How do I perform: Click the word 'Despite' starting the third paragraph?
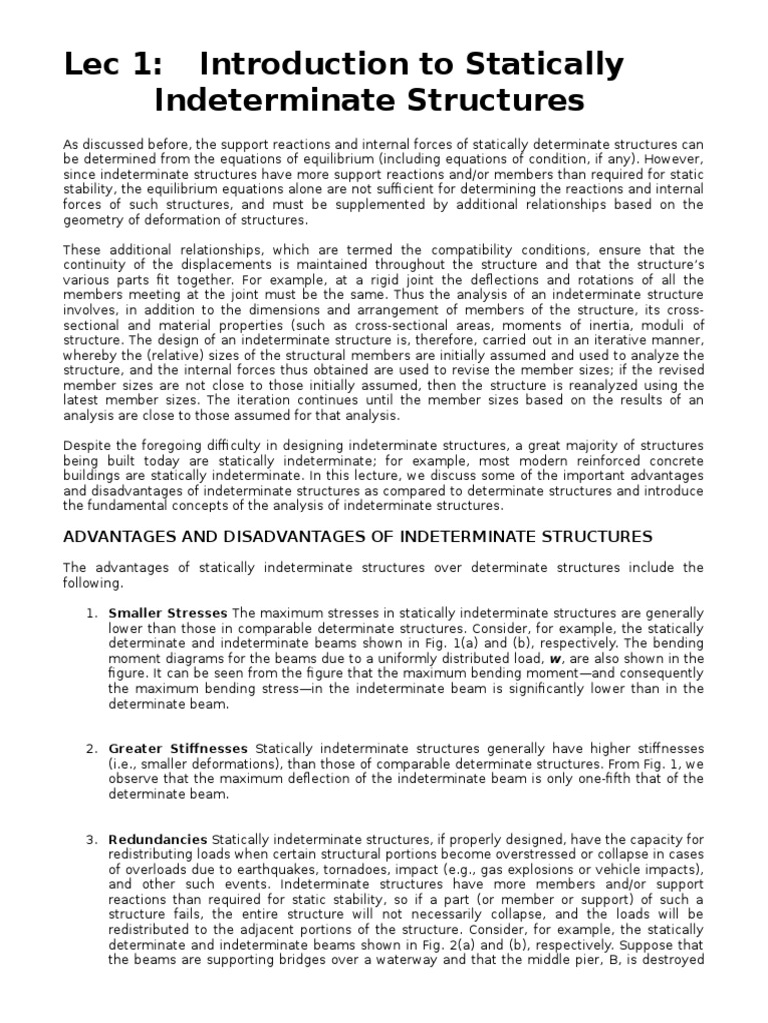point(86,445)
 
